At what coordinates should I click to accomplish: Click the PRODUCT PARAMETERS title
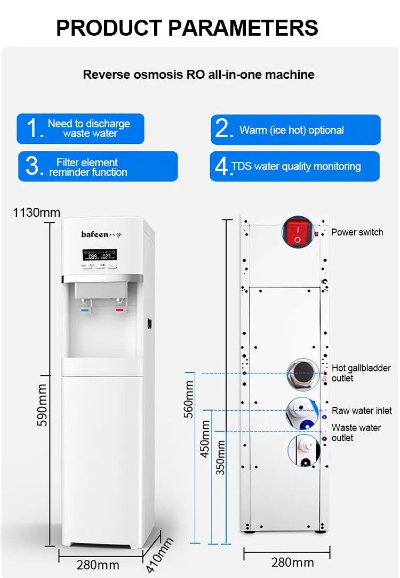pos(187,28)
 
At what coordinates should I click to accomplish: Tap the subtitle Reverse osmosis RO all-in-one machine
pos(198,75)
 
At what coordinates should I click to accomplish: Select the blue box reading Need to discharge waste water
pos(81,128)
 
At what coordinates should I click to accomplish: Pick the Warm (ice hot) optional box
pos(295,129)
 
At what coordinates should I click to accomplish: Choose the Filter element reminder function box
pos(98,166)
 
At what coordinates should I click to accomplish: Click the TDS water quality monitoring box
pos(294,166)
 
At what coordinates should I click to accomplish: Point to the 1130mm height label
pos(37,213)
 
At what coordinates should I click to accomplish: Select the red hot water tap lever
pos(119,309)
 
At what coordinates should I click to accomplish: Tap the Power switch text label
pos(357,232)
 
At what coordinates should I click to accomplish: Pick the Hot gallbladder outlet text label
pos(361,373)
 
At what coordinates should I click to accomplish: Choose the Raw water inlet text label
pos(362,411)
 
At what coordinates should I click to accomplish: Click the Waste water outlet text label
pos(356,433)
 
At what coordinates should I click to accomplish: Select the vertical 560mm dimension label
pos(188,399)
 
